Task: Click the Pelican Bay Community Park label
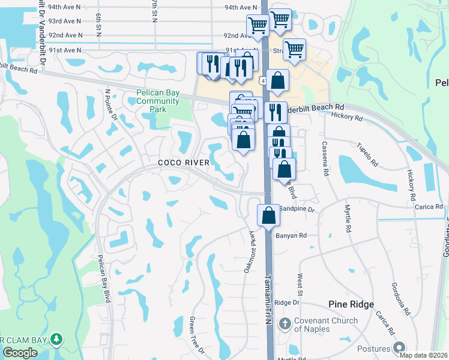pos(157,101)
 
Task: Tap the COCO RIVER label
pos(184,163)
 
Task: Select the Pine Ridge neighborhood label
pos(351,305)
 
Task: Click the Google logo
pos(20,353)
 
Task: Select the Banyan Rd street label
pos(291,236)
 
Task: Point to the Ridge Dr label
pos(287,303)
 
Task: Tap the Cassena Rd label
pos(325,158)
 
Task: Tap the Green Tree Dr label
pos(197,343)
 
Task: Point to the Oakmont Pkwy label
pos(250,253)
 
